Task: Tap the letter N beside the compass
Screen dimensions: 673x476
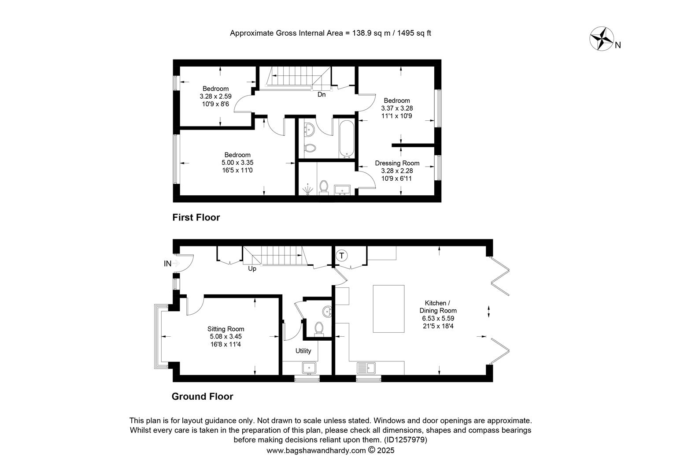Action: coord(618,45)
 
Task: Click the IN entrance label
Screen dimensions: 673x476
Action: coord(167,264)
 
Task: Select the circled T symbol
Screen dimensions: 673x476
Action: coord(341,256)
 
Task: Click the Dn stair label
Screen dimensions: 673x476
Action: coord(322,94)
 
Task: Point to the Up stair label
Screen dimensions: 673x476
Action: coord(252,268)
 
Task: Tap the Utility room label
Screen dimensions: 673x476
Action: coord(303,351)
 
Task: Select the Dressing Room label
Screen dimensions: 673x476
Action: coord(397,163)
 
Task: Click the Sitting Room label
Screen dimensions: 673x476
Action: coord(226,329)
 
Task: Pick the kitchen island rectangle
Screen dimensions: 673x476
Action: coord(388,309)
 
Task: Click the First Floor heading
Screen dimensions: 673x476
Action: coord(196,217)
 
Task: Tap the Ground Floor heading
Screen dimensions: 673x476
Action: coord(202,396)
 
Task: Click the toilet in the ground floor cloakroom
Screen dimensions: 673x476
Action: coord(319,329)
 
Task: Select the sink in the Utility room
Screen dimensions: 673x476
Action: coord(309,368)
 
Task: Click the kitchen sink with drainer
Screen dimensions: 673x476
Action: coord(366,368)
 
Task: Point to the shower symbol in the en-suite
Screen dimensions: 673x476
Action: coord(307,190)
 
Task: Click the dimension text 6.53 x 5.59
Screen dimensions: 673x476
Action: coord(438,318)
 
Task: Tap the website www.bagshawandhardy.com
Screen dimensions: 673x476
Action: coord(316,450)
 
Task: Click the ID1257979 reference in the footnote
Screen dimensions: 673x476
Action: coord(406,440)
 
